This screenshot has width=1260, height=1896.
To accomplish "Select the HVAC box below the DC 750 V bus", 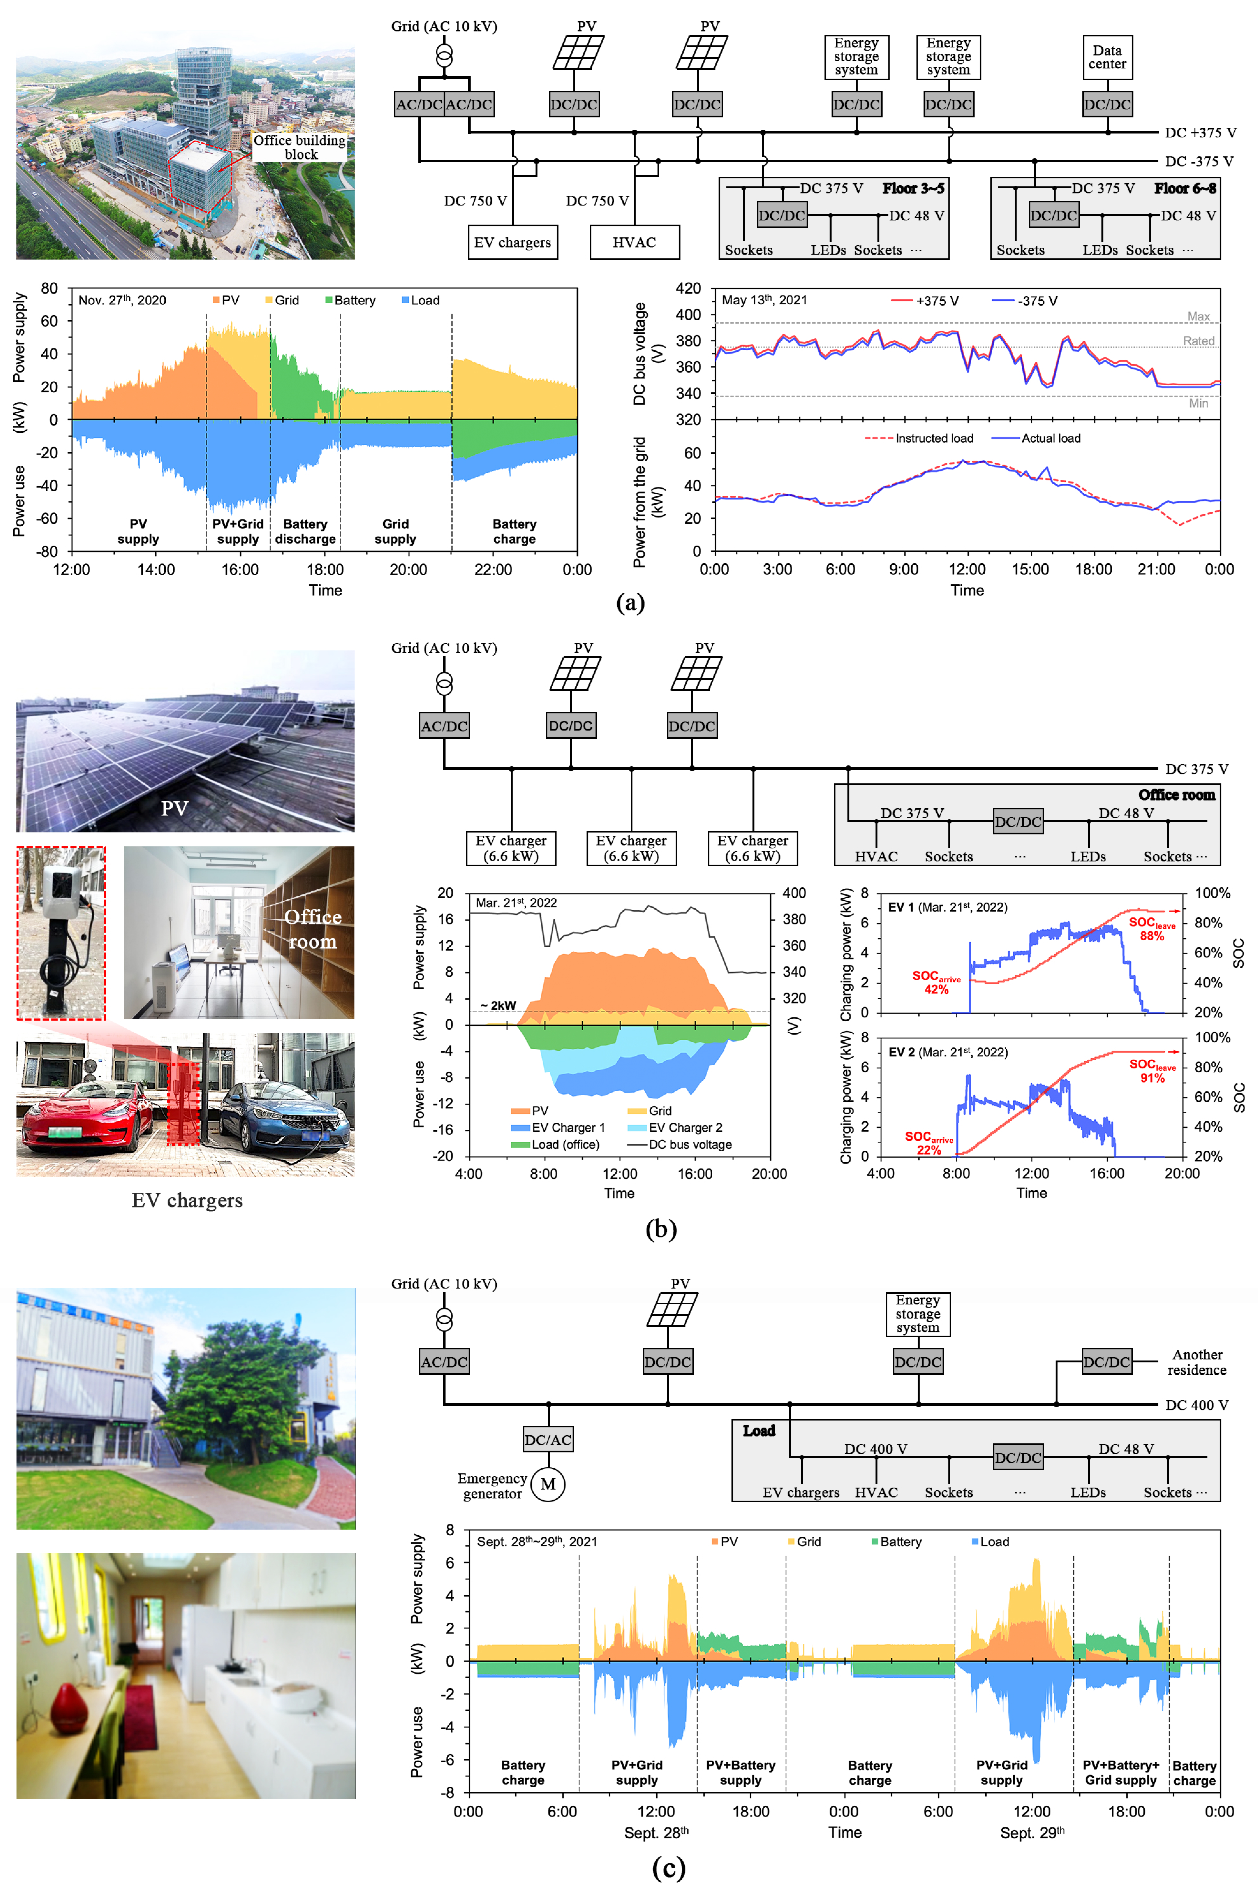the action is (635, 242).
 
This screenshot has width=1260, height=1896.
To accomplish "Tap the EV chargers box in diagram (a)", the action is (513, 242).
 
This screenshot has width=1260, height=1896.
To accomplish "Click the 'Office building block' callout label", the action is (300, 147).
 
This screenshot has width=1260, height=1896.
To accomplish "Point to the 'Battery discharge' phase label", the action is (305, 531).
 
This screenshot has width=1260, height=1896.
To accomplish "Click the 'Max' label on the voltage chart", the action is (1199, 316).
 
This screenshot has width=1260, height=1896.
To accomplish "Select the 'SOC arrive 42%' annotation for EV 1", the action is (936, 982).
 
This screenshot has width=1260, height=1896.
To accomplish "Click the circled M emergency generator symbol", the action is (548, 1484).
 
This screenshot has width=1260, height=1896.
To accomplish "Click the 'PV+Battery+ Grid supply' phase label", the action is (1121, 1772).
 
